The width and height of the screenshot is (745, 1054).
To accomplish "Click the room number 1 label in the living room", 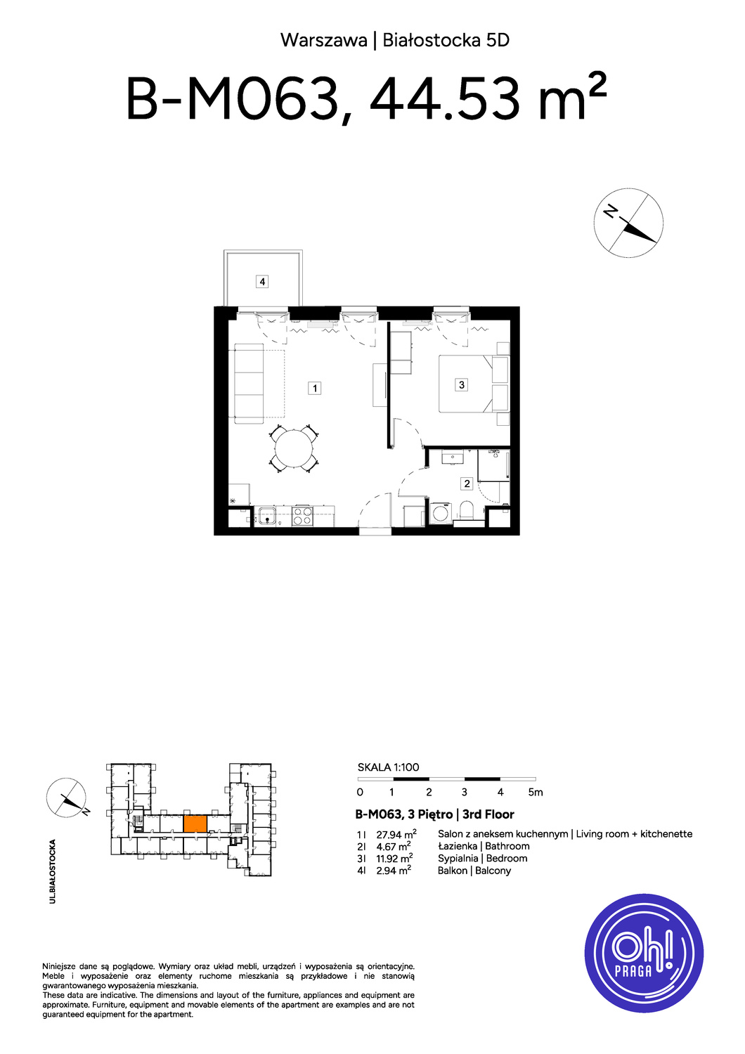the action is (x=314, y=388).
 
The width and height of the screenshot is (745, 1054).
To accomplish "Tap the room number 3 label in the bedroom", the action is (x=461, y=385).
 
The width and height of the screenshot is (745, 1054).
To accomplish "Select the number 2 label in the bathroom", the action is (x=467, y=483).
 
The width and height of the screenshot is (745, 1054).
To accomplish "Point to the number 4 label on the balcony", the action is (x=262, y=282).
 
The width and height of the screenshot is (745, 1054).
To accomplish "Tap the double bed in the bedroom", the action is (x=474, y=384).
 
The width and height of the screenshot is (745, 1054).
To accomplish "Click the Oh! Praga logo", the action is (x=643, y=953).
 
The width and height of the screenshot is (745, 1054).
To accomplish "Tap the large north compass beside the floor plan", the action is (x=628, y=223).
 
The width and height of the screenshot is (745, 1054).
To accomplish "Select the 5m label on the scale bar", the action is (x=536, y=793).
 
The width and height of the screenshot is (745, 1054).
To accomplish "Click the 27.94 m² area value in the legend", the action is (x=396, y=834).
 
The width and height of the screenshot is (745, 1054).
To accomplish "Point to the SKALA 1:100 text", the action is (x=388, y=767).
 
